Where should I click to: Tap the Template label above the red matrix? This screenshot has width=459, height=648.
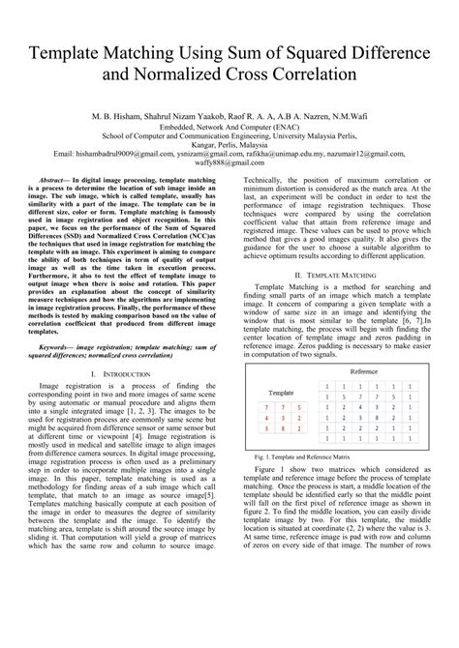click(282, 395)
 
